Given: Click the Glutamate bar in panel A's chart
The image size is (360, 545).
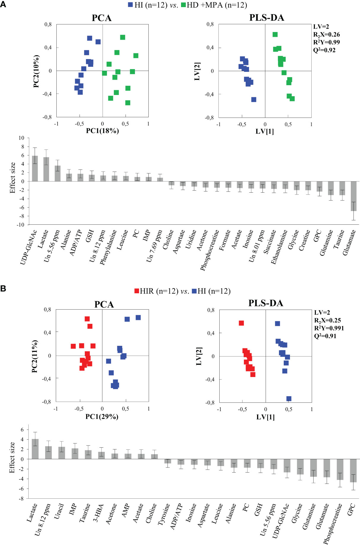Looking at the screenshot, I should coord(353,196).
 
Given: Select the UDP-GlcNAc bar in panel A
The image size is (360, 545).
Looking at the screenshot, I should coord(35,169).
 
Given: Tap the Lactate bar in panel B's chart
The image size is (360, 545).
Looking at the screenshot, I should coord(35,449).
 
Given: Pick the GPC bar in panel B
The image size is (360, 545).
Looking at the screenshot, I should coord(353,470).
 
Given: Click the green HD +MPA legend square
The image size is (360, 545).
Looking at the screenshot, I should coord(183,5).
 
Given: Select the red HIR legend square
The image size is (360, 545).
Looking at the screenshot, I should coord(137,291).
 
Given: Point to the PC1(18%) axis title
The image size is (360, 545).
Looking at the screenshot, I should coord(102,131).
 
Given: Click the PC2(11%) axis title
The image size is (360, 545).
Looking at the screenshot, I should coord(35,356).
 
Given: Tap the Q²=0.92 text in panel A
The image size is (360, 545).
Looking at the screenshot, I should coord(324,50).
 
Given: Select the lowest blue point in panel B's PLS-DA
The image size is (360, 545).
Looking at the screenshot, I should coord(288,399).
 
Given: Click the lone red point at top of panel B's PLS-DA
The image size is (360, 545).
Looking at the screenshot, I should coord(241,323).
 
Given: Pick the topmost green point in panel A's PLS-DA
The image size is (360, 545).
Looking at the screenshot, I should coord(275,34).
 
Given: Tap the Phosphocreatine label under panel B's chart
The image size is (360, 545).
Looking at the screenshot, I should coord(332,524).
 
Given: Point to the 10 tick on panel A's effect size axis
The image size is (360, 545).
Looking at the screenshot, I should coord(21,138).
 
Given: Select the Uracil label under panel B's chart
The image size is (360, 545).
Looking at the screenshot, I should coord(59,511).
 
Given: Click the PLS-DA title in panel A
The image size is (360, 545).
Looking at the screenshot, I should coord(267,18).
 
